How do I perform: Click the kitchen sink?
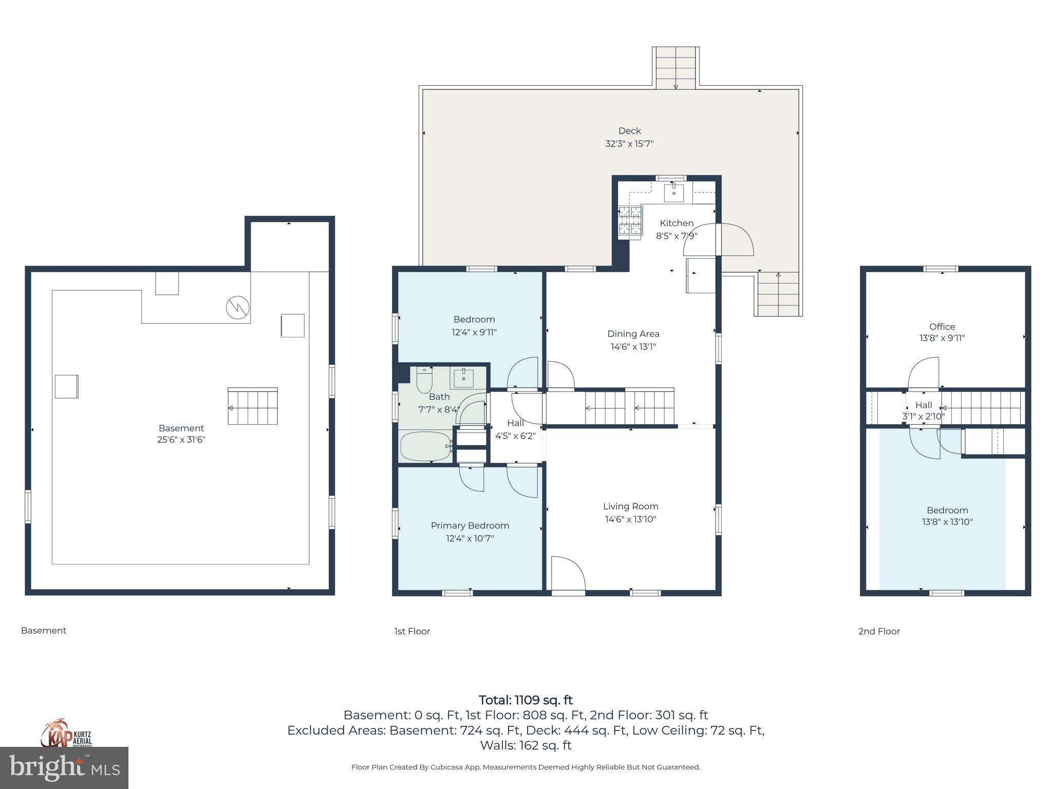tap(673, 193)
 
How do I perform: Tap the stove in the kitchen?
tap(630, 221)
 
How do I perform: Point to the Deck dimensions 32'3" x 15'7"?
tap(629, 144)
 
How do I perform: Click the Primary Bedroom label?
tap(469, 525)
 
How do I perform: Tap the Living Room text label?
tap(630, 506)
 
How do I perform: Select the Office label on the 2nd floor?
tap(942, 327)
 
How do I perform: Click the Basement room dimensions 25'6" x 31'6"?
tap(181, 440)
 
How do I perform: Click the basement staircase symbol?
tap(253, 406)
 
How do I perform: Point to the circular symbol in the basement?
tap(237, 308)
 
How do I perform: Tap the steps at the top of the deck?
tap(675, 68)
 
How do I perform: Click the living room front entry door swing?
tap(568, 574)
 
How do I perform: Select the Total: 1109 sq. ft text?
tap(525, 700)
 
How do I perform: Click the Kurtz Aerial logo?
tap(66, 734)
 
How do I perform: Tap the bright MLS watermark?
tap(64, 767)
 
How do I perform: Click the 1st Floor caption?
tap(412, 631)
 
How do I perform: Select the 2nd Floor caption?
tap(879, 631)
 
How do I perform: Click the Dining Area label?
tap(633, 334)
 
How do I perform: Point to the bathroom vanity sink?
tap(464, 379)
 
